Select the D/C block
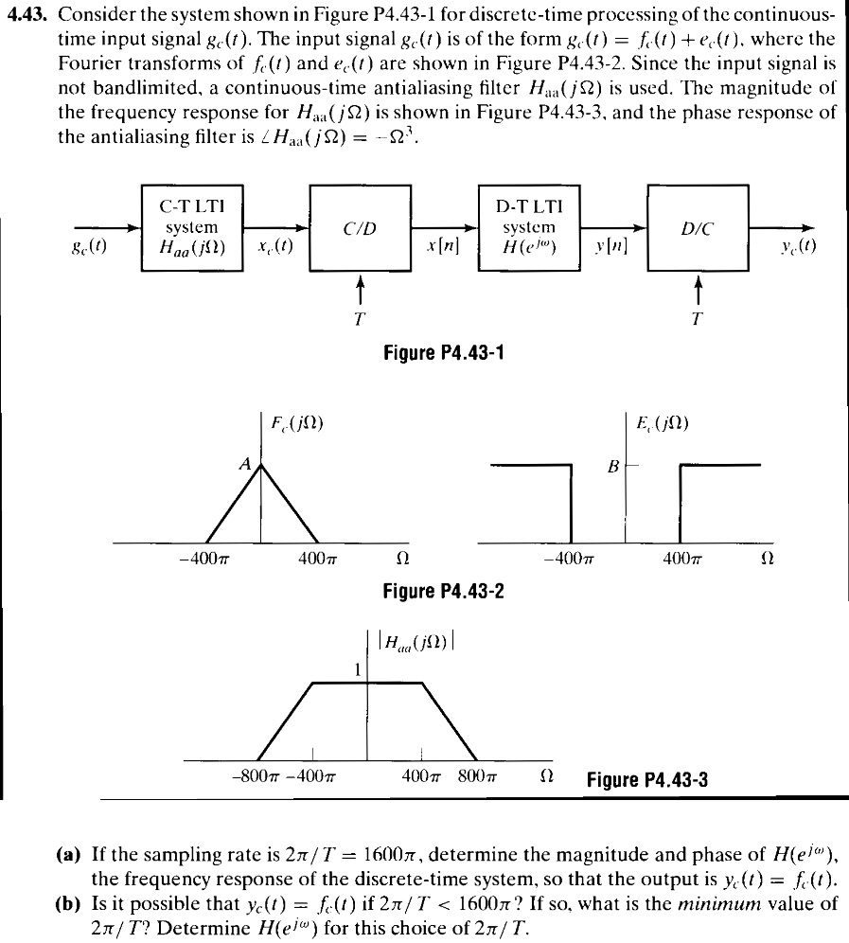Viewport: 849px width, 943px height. (x=696, y=227)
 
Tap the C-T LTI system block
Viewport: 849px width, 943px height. (x=191, y=227)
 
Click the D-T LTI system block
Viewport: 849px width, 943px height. (x=529, y=227)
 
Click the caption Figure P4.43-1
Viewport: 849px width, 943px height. (x=443, y=354)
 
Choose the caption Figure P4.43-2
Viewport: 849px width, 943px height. (x=443, y=591)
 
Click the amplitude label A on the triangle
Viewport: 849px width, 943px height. (x=244, y=465)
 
